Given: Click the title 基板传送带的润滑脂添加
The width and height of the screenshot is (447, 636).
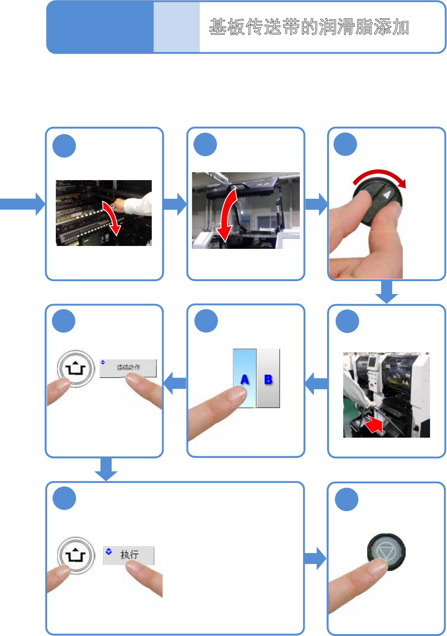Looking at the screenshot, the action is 308,27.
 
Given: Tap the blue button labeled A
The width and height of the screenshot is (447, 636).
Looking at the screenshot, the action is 245,378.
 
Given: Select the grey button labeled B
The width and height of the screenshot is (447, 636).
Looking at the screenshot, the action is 268,378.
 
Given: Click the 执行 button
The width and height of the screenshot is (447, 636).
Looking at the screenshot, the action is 129,555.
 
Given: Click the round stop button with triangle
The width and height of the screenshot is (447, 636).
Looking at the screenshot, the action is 387,552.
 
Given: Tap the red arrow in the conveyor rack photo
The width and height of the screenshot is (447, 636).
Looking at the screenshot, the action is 112,217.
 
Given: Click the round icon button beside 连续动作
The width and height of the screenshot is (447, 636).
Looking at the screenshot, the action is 76,368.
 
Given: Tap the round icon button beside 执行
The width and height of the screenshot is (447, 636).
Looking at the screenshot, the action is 76,555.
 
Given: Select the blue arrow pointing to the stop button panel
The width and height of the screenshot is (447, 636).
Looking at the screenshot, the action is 315,558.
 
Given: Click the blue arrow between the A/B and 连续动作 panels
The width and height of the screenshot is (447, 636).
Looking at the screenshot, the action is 175,383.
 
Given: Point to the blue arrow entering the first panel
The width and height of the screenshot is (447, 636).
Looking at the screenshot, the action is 23,204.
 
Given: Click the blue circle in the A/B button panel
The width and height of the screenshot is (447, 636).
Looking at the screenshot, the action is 206,321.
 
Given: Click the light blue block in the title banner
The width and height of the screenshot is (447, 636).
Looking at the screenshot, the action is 177,27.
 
